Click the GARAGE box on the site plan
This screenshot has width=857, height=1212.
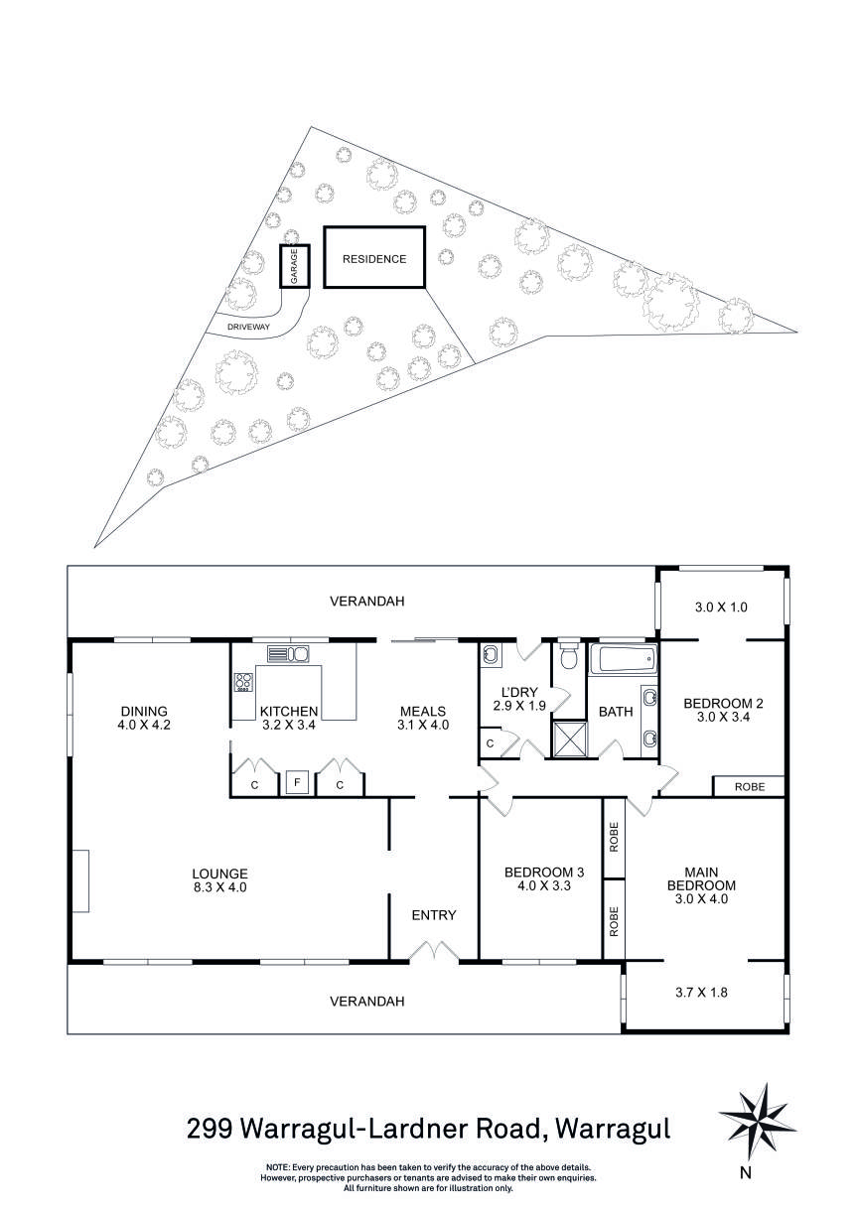click(x=294, y=266)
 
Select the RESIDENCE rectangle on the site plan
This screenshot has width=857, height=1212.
click(x=374, y=258)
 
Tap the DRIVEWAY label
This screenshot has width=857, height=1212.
click(x=249, y=327)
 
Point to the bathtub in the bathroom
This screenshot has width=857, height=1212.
click(x=623, y=659)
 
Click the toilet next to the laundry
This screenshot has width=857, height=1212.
click(x=569, y=657)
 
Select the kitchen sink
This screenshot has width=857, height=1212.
click(x=288, y=653)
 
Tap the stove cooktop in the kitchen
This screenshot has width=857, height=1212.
click(x=243, y=682)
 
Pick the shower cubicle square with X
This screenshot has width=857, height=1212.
click(x=569, y=739)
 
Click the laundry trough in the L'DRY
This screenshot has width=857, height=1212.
click(x=492, y=655)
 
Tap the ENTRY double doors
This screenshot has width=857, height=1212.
click(x=434, y=953)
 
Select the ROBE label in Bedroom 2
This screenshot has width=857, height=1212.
click(x=750, y=786)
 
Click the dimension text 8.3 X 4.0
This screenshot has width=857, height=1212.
click(x=219, y=888)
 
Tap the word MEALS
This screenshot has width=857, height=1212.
click(x=423, y=711)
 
